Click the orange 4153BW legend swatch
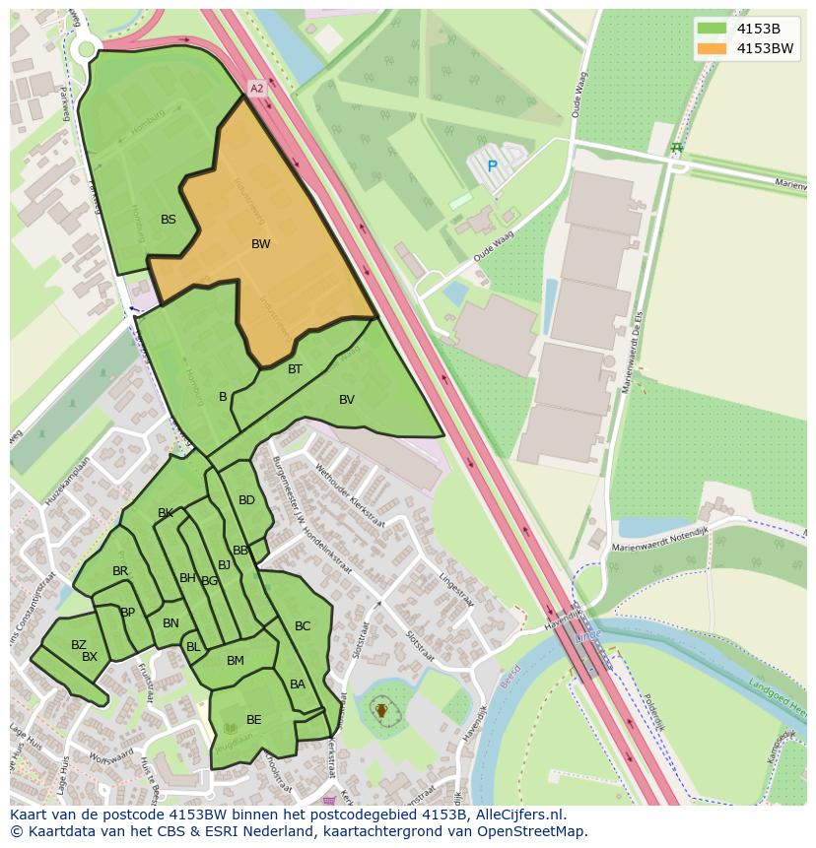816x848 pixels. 711,48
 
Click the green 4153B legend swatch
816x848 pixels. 711,29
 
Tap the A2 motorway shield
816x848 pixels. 256,89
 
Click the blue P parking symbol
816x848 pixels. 492,166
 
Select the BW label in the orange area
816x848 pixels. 260,244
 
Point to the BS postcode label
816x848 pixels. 169,220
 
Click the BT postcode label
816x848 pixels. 295,369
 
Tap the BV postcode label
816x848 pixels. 347,400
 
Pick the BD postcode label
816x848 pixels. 246,500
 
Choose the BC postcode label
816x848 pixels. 303,626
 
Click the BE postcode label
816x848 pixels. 254,720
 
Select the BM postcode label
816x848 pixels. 235,661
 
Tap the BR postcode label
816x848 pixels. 120,571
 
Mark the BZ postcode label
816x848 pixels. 79,645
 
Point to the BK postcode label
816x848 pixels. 166,513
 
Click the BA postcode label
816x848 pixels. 298,685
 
